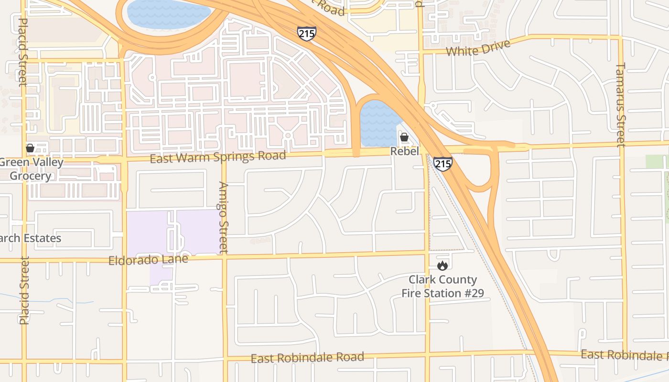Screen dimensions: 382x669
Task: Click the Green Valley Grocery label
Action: (x=31, y=169)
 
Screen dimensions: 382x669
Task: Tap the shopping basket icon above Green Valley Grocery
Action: (x=30, y=148)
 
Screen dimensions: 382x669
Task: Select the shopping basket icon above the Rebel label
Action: (x=404, y=138)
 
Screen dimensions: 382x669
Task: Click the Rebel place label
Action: (x=404, y=151)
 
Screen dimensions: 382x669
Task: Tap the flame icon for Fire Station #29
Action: (x=442, y=265)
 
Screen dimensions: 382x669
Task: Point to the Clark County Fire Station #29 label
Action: (x=442, y=286)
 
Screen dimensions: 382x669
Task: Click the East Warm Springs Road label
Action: (x=218, y=156)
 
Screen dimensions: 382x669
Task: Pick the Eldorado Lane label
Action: (x=148, y=260)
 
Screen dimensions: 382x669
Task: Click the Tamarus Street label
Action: (x=620, y=105)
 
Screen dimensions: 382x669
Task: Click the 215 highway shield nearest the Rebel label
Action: (x=443, y=164)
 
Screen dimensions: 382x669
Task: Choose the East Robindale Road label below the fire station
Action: (x=307, y=357)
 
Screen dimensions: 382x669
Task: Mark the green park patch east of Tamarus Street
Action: (x=655, y=161)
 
